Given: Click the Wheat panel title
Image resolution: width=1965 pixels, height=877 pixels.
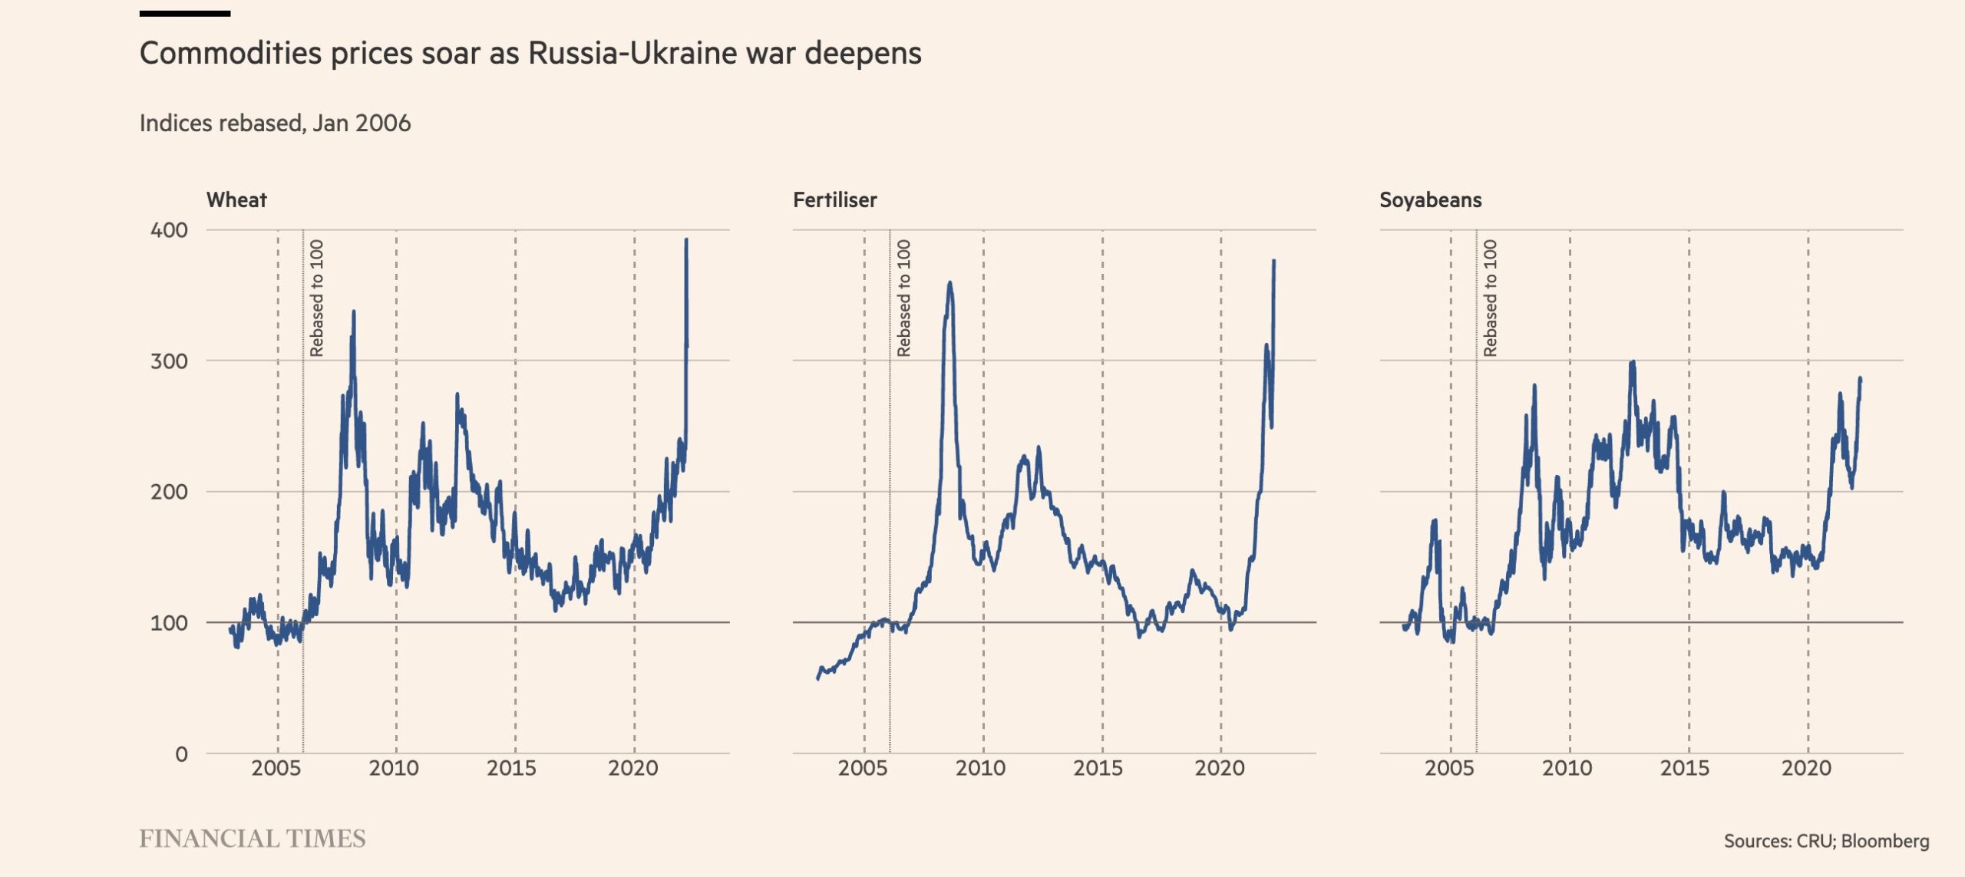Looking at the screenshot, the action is (236, 200).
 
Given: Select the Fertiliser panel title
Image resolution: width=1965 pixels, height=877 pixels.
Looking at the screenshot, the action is (834, 200).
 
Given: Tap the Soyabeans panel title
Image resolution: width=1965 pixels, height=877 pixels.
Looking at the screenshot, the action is (1430, 200).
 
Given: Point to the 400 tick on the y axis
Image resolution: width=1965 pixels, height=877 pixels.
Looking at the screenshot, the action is (169, 230).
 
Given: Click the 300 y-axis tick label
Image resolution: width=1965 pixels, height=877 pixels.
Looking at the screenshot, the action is (169, 361).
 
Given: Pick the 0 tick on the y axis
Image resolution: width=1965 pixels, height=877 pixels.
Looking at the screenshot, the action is (181, 754).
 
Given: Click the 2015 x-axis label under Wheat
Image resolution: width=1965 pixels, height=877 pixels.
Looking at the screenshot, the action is (511, 768).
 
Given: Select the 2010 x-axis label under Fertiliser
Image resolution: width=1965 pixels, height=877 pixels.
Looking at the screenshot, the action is (980, 768).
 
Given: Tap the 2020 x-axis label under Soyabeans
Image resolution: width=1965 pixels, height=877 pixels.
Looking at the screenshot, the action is (1806, 768).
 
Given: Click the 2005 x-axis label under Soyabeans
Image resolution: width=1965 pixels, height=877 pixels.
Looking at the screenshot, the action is (1449, 768).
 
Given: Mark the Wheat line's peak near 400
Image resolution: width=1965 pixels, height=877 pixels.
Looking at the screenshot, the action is (686, 240).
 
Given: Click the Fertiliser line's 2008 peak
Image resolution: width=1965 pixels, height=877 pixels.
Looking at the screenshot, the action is (950, 283).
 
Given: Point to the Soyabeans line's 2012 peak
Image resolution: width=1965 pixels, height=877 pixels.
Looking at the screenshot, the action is (1633, 362).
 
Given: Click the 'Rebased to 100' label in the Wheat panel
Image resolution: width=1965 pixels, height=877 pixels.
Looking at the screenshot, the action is (317, 298).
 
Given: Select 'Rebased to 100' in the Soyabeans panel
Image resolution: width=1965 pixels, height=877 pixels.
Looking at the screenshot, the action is (1490, 298).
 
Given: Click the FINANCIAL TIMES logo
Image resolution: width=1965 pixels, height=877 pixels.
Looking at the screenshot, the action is (253, 839).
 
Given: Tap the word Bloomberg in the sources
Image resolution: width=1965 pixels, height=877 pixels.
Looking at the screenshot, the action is (1884, 841).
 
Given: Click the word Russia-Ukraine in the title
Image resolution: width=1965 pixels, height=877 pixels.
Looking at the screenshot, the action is (663, 53).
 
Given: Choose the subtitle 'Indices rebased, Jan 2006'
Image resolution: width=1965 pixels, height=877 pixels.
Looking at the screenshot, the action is (275, 123).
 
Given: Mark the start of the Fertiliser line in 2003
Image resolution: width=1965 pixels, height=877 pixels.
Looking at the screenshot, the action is (817, 679).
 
